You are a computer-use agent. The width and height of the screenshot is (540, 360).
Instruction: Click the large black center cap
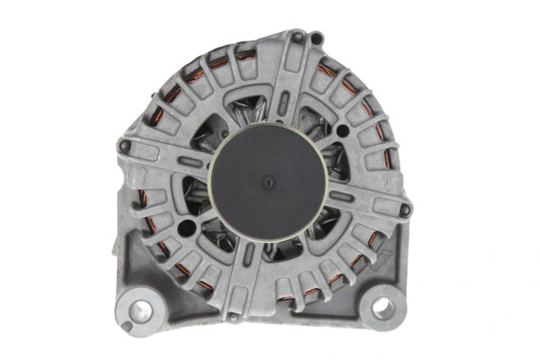[267, 184]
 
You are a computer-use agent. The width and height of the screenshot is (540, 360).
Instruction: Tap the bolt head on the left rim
[125, 145]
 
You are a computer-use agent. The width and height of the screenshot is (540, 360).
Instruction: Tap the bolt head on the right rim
[406, 210]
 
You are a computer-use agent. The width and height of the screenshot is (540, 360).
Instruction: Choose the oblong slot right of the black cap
[341, 194]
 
